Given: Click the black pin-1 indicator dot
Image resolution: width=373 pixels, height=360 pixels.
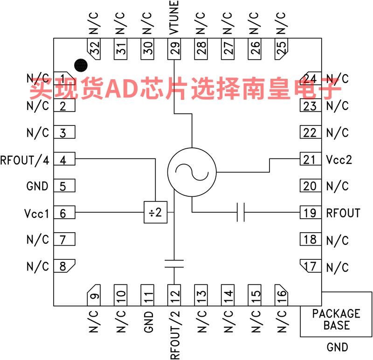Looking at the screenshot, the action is [x=81, y=65].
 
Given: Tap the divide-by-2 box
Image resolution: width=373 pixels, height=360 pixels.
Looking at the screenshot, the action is [x=156, y=212].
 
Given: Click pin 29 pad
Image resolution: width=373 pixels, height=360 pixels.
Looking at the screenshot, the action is [x=174, y=49].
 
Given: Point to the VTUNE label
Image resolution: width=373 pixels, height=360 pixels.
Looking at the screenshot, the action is [x=174, y=17].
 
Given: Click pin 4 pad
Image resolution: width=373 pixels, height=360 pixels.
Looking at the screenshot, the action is [x=64, y=159].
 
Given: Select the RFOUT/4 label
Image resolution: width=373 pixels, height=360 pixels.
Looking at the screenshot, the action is [x=25, y=160].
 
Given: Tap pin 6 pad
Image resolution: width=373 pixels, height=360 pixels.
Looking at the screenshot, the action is [x=64, y=213].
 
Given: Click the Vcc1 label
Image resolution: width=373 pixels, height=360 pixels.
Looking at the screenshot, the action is [x=36, y=214].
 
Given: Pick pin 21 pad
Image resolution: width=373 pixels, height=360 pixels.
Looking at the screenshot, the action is [x=311, y=159].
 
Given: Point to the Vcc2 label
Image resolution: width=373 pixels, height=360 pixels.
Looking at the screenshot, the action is [x=339, y=159].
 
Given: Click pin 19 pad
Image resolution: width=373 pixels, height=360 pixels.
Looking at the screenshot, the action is [x=311, y=213].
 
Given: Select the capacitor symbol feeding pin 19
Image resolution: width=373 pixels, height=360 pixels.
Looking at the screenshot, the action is [x=241, y=212].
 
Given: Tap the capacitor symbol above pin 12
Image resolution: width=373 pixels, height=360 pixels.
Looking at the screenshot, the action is [x=174, y=263].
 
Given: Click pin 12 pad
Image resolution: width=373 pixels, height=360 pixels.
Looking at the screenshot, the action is [x=174, y=295].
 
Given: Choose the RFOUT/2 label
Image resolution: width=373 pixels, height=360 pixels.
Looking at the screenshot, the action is [x=175, y=335].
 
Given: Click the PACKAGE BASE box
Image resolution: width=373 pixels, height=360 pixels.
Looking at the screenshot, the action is [x=336, y=314].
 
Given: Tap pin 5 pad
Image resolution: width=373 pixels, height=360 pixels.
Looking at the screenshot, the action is [x=64, y=186].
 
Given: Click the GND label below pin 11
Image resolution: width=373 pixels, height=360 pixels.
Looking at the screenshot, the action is [x=148, y=322].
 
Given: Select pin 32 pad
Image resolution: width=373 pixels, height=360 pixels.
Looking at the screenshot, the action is [x=94, y=49].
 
